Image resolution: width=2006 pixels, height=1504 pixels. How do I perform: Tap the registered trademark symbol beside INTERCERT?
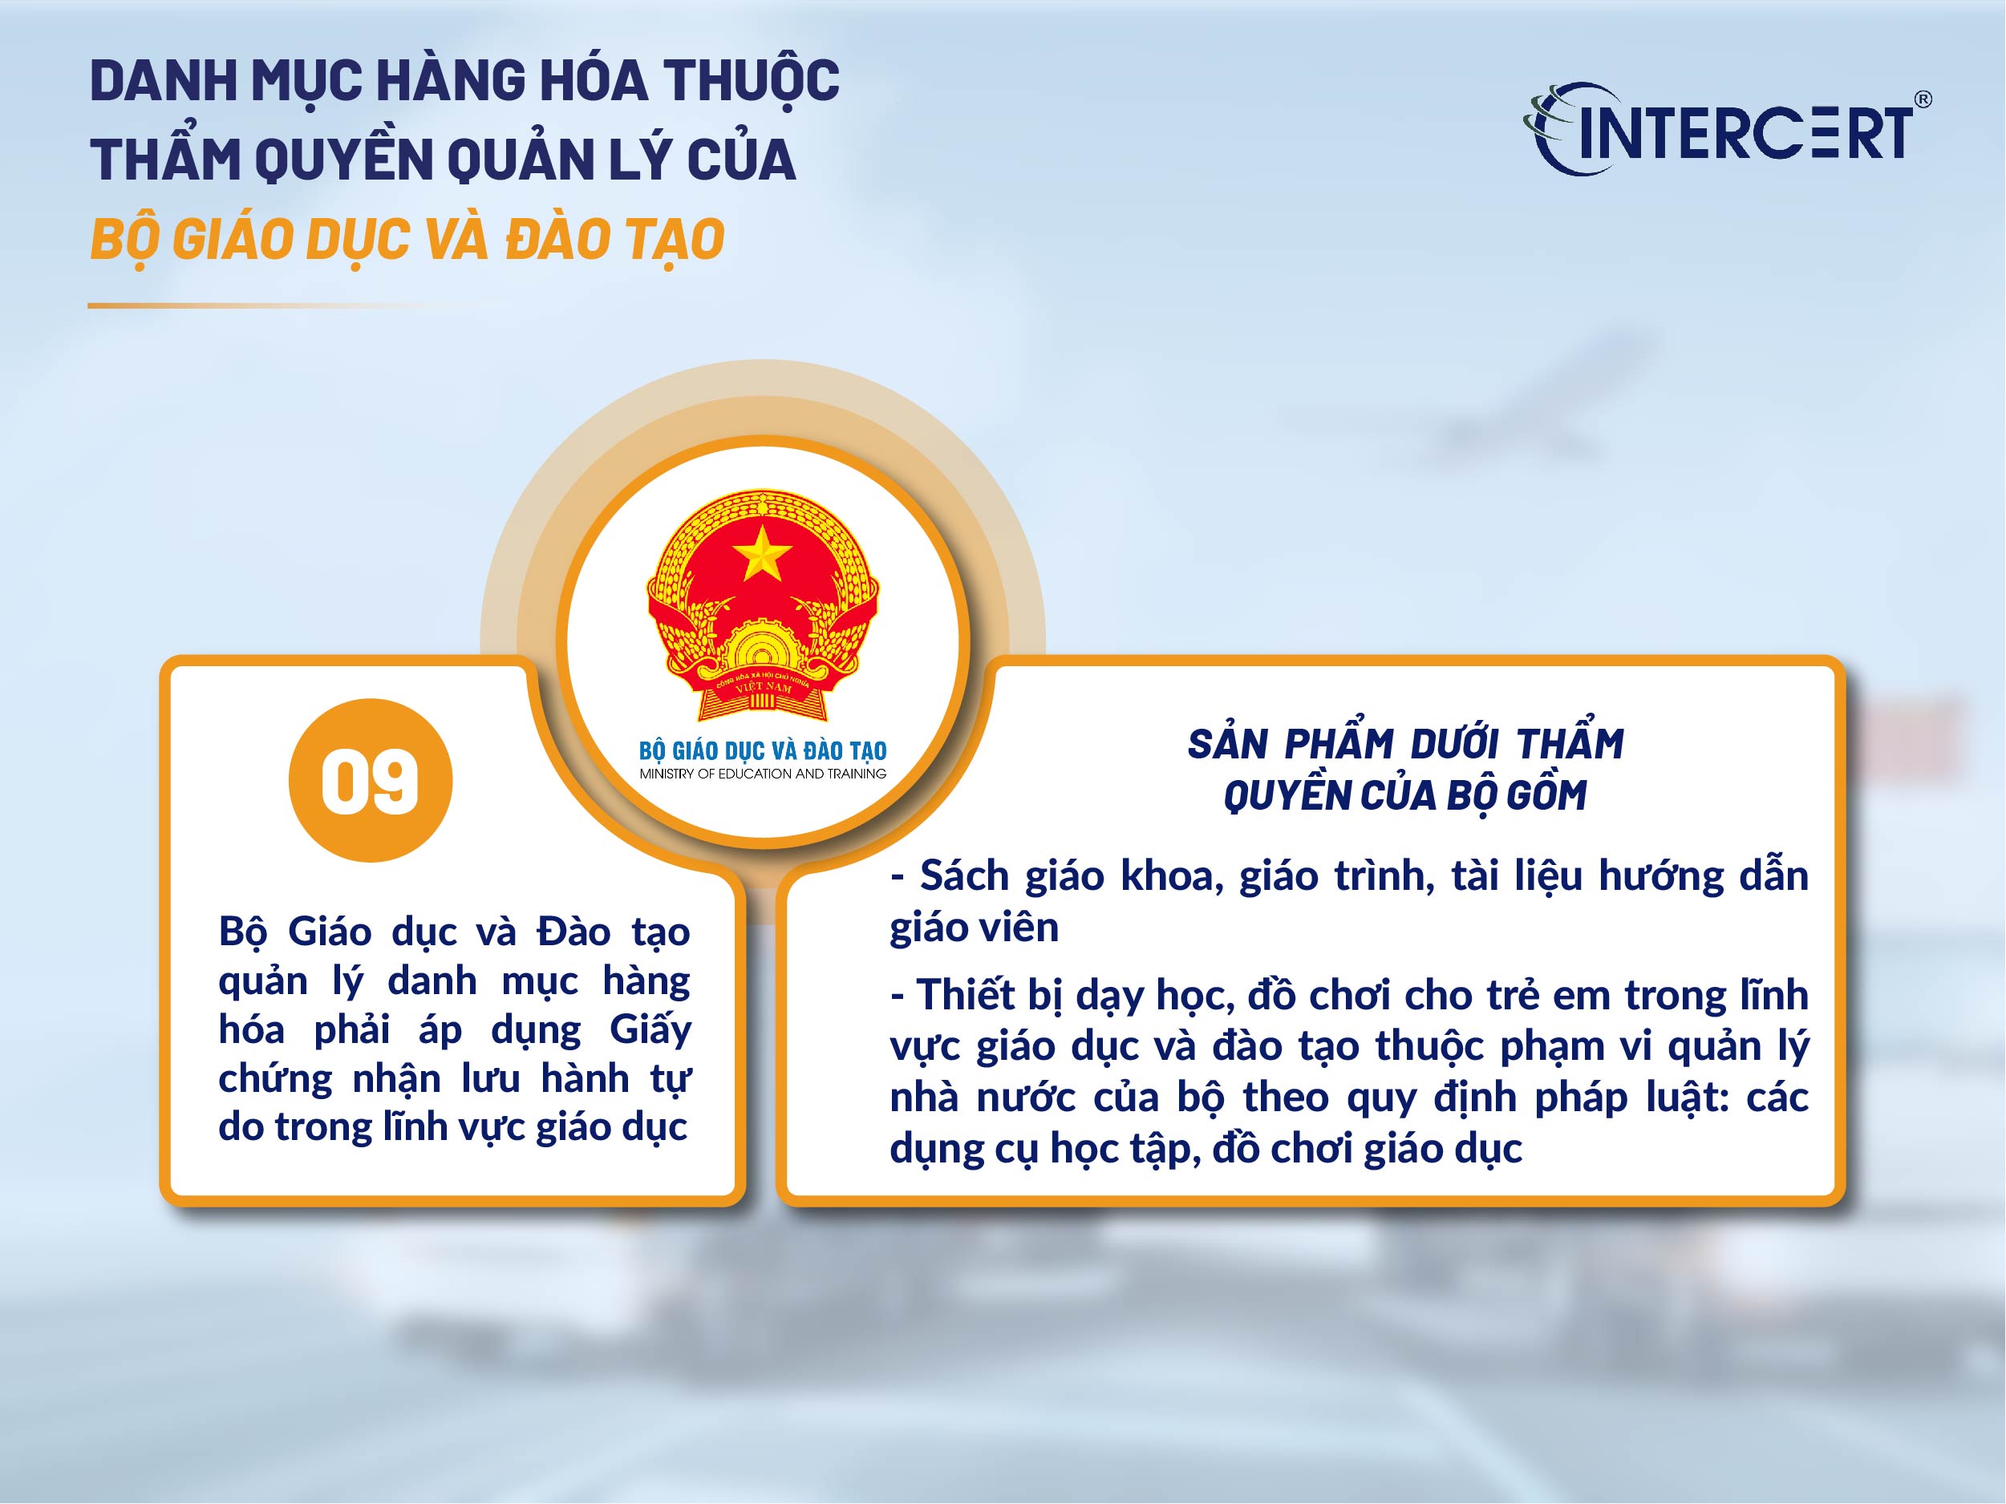1922,99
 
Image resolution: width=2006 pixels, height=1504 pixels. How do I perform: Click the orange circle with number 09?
370,781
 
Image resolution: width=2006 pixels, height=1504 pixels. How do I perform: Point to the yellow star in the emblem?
762,553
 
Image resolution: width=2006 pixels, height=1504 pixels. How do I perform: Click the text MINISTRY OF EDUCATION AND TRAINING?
763,774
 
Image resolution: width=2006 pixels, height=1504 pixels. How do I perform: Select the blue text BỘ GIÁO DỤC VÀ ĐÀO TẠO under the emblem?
763,750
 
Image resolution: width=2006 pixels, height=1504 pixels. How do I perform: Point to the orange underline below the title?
290,305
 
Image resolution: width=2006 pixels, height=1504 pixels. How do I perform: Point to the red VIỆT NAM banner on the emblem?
763,686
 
